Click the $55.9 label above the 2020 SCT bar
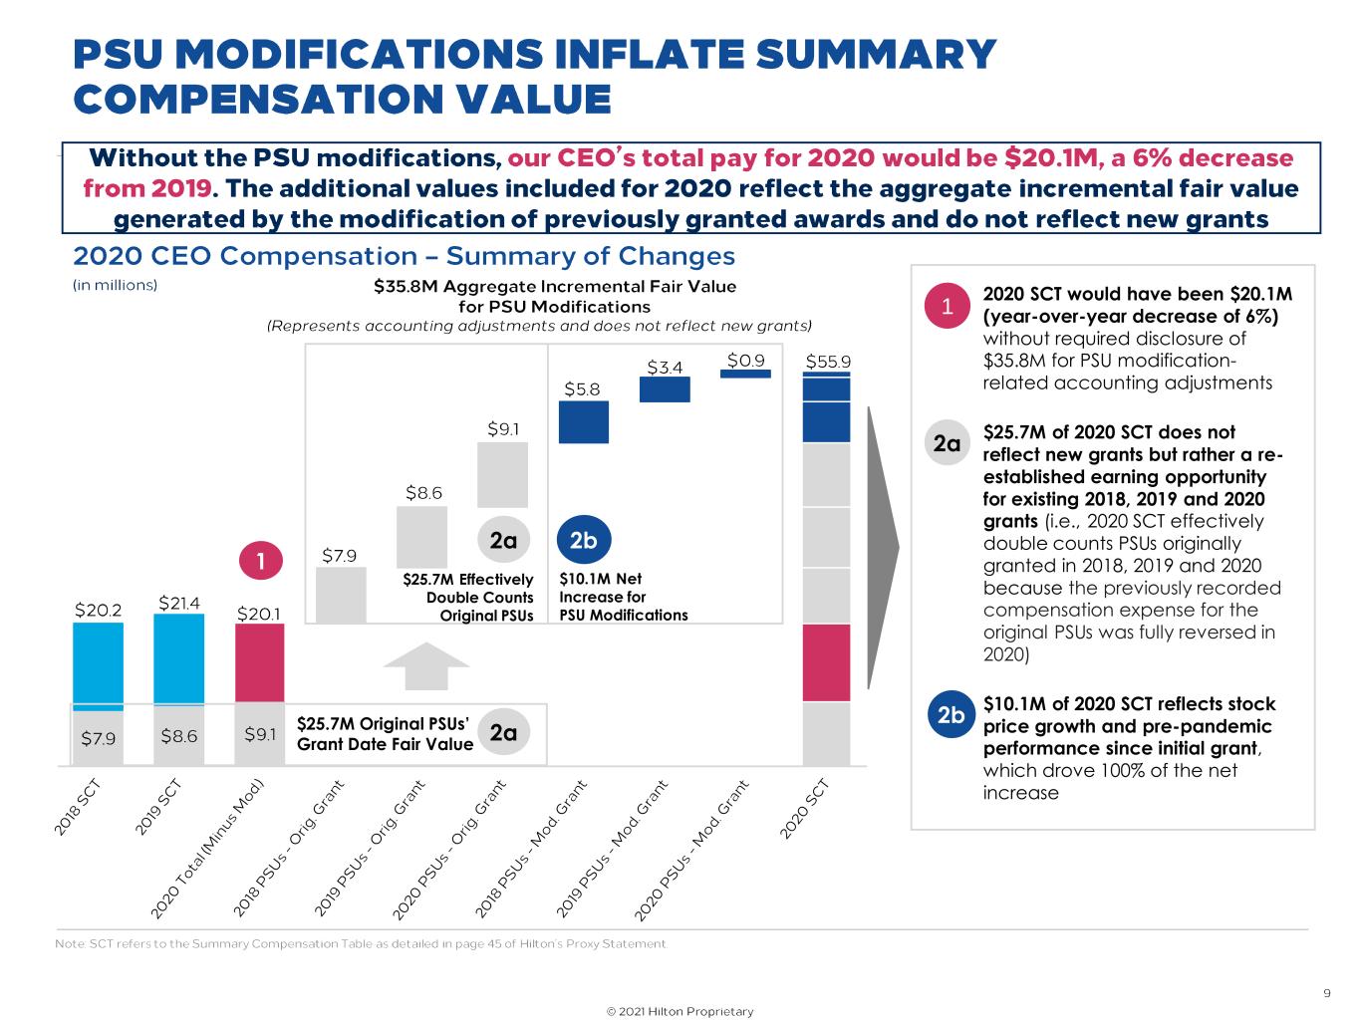pos(828,361)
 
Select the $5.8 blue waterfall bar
pos(583,422)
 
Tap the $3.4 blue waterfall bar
pos(665,389)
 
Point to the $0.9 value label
pos(745,360)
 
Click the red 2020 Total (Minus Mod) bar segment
pos(259,662)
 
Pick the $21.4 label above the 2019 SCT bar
pos(179,603)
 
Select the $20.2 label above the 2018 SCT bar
pos(99,609)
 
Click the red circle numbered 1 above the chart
pos(261,561)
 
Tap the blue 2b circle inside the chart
pos(582,540)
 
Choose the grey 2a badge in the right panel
pos(947,443)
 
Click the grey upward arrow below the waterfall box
pos(425,664)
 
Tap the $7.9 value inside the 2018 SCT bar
pos(99,737)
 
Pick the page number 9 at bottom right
pos(1326,992)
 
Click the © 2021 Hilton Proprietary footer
pos(680,1011)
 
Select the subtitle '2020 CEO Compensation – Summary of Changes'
pos(404,256)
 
